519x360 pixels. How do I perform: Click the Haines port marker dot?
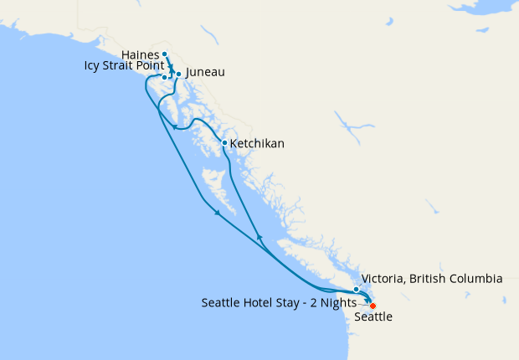coord(164,54)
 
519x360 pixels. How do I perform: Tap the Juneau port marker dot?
coord(179,74)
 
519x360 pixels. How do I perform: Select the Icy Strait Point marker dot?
coord(165,77)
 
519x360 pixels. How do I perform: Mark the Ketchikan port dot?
coord(224,143)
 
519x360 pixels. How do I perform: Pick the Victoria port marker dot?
coord(357,289)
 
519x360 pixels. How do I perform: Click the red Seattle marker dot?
coord(373,306)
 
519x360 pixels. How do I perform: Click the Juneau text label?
coord(205,73)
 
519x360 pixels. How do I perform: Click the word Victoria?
coord(384,279)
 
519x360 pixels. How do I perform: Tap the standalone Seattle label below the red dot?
coord(373,318)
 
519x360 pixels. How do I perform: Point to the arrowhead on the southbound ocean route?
coord(217,213)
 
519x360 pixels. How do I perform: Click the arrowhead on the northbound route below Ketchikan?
coord(259,238)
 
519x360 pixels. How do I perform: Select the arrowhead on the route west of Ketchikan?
coord(175,127)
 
